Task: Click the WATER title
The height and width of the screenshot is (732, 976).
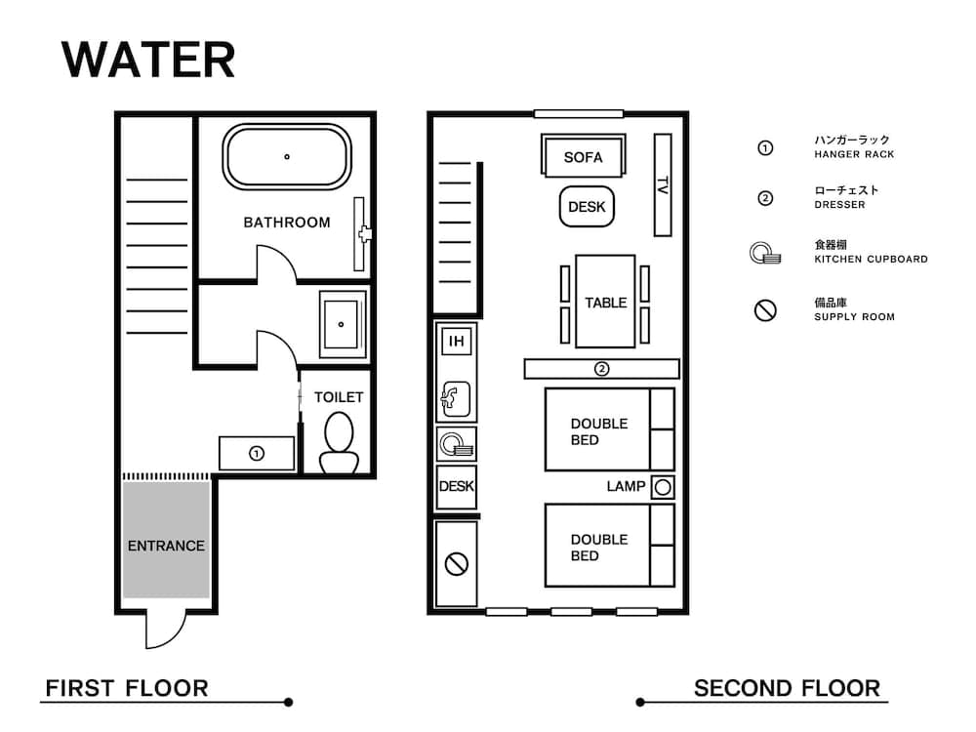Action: click(148, 61)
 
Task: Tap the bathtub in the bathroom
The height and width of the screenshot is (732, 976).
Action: click(287, 156)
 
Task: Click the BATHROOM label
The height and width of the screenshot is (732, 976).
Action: click(287, 223)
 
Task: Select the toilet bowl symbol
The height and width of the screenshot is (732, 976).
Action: click(339, 443)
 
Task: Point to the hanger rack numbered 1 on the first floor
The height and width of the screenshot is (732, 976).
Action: click(257, 454)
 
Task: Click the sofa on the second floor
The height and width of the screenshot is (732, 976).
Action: click(583, 157)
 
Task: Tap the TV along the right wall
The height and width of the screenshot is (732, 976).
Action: click(663, 184)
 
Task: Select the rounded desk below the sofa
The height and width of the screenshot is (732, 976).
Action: click(587, 207)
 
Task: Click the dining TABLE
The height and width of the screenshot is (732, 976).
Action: click(605, 303)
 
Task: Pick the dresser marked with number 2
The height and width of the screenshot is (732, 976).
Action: click(601, 369)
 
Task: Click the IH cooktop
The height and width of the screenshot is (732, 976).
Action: click(456, 342)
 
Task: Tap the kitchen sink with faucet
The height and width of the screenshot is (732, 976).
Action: click(456, 396)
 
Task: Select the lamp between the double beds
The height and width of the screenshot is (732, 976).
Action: click(663, 487)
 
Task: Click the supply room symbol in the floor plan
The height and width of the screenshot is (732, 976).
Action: click(456, 563)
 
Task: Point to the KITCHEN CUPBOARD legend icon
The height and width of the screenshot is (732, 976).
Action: click(766, 255)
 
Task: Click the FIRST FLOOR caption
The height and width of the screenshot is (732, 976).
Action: click(127, 688)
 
